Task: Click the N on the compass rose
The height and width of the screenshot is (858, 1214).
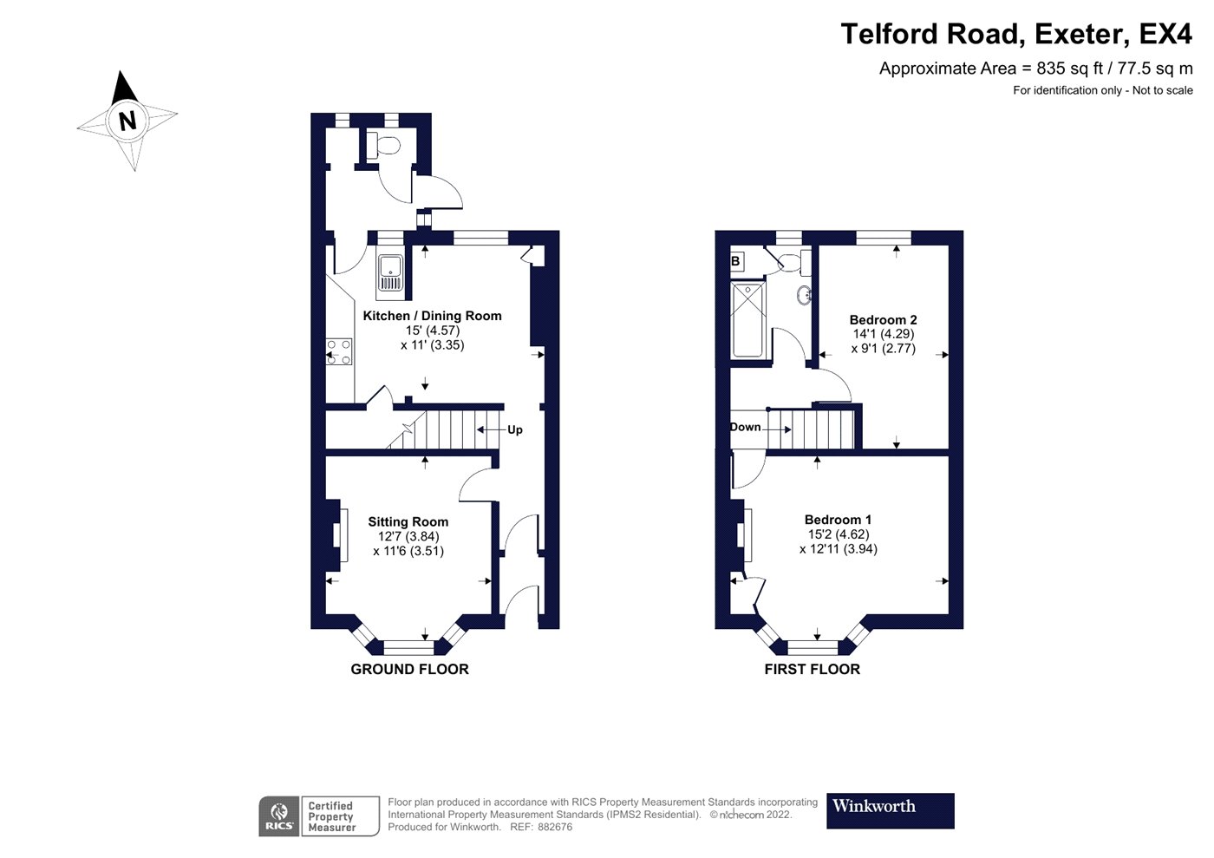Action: pos(127,121)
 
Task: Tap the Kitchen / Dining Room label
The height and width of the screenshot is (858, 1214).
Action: pos(432,316)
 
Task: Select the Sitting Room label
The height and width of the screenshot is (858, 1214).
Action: pos(408,521)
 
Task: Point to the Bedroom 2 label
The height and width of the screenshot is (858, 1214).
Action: pos(883,319)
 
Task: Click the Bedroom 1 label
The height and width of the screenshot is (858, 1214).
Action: pos(838,520)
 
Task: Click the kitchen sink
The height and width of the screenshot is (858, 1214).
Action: pos(390,277)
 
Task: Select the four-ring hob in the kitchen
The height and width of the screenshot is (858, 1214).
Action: pos(339,351)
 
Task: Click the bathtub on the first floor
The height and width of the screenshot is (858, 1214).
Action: pos(747,320)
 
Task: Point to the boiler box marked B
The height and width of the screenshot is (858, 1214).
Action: pos(736,261)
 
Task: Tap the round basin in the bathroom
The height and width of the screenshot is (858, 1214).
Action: pos(805,296)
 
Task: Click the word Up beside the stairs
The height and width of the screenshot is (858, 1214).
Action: pos(515,429)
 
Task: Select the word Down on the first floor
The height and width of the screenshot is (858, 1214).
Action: pos(745,427)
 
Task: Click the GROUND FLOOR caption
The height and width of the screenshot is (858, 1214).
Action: pos(409,669)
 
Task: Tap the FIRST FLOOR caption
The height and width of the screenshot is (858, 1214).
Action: pos(812,669)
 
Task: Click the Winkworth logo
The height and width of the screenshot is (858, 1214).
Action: pos(890,811)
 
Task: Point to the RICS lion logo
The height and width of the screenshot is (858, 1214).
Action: pos(278,816)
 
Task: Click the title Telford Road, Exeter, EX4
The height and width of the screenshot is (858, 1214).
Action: pos(1016,34)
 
